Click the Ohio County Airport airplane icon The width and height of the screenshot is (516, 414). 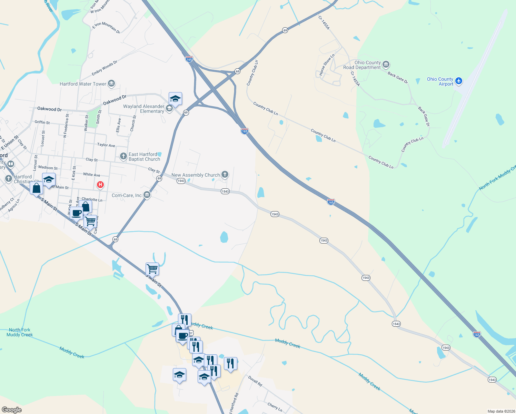click(458, 81)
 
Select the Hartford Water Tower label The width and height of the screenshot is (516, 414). click(83, 84)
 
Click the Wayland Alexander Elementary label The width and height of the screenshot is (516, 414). click(144, 109)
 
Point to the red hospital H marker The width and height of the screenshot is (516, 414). click(100, 185)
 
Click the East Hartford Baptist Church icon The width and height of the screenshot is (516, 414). click(123, 156)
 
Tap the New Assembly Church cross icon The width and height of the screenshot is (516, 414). click(225, 175)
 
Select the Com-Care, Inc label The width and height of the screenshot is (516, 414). click(127, 195)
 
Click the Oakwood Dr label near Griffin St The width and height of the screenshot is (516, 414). click(49, 109)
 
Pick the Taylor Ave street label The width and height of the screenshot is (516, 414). click(106, 145)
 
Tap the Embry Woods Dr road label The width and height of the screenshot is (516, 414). click(105, 68)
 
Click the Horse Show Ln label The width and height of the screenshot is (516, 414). click(326, 65)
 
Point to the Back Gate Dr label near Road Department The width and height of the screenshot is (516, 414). click(398, 78)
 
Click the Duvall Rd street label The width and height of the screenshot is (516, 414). click(255, 381)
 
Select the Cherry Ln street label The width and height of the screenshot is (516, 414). click(275, 407)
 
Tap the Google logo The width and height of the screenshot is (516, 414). click(11, 410)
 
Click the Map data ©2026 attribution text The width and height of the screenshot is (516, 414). click(500, 411)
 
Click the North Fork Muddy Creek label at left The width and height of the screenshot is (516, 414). click(20, 332)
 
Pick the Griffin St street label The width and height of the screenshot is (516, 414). click(42, 122)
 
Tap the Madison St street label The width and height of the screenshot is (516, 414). click(48, 168)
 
